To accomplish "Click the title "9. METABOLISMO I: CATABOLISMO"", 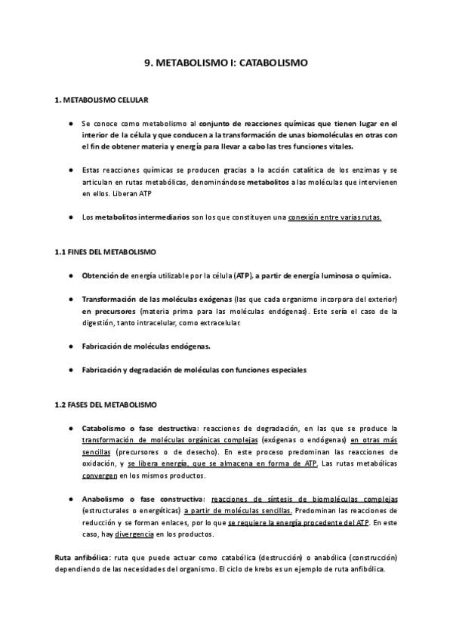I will coord(226,64).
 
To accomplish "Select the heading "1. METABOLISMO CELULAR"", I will coord(101,100).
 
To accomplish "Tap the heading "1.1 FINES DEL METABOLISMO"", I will coord(106,251).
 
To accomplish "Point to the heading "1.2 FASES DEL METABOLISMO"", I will coord(105,405).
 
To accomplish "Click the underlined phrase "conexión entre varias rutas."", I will coord(335,217).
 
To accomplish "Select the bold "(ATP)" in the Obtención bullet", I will coord(244,275).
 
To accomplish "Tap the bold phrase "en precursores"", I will coord(109,311).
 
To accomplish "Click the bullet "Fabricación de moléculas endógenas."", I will coord(146,346).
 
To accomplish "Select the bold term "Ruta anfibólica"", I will coord(80,557).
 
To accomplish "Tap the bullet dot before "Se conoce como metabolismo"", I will coord(70,123).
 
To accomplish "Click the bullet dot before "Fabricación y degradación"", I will coord(70,370).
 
